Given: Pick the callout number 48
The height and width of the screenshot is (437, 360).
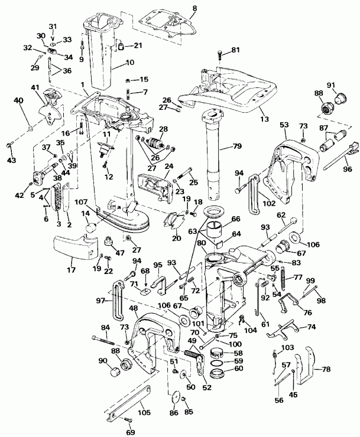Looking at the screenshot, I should click(x=134, y=309).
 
